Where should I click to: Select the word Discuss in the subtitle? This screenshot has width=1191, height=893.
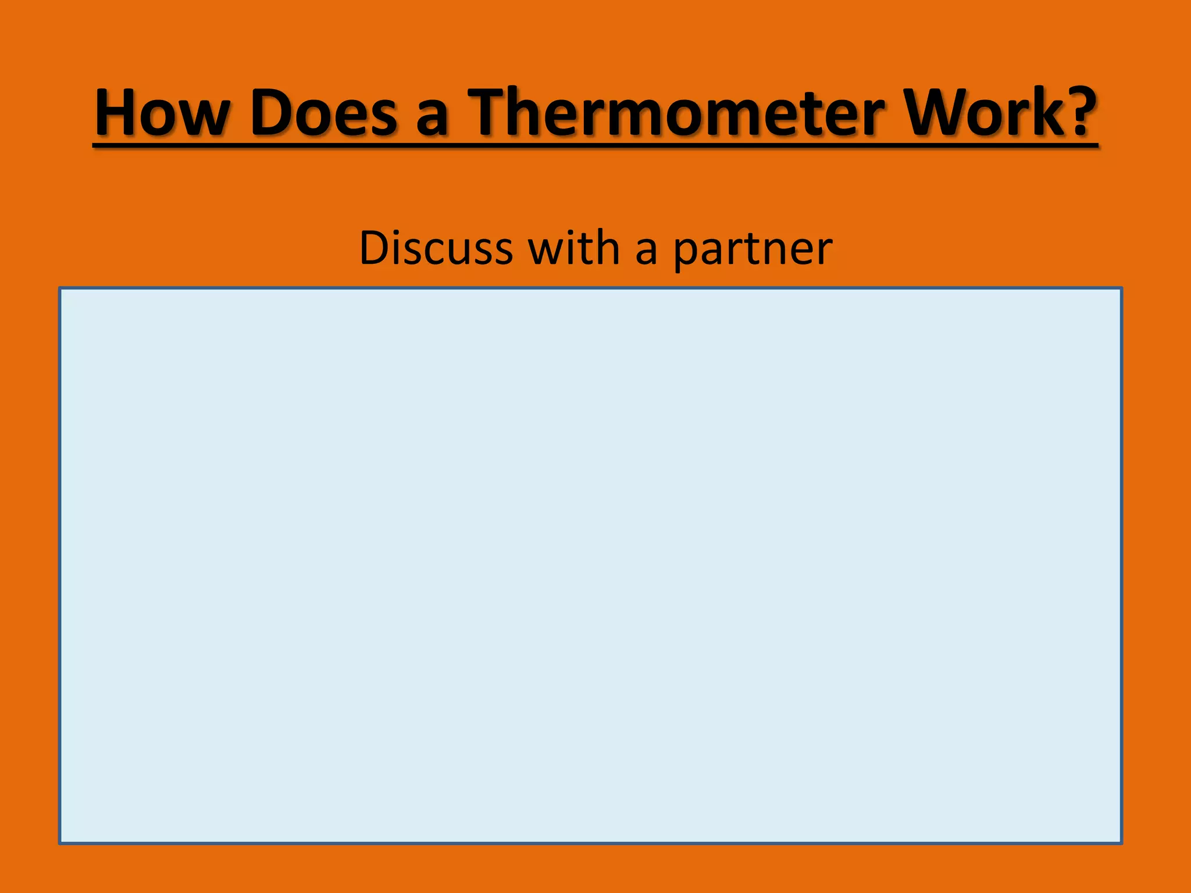(x=436, y=248)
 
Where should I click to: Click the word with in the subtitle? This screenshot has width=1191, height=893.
(x=573, y=248)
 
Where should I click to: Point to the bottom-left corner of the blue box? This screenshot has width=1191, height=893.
(x=60, y=842)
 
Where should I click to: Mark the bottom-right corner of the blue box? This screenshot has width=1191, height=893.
(x=1121, y=842)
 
